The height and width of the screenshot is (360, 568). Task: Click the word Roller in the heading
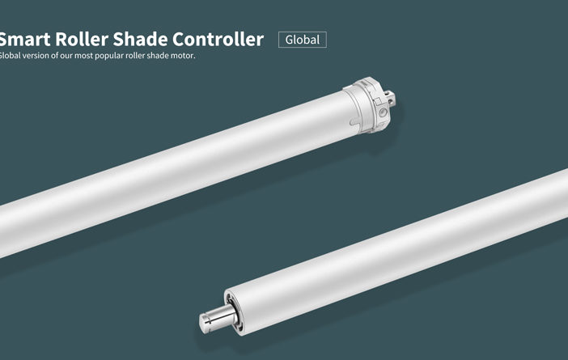click(82, 39)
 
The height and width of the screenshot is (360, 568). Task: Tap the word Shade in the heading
click(140, 39)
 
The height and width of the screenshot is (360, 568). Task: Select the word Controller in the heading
click(218, 39)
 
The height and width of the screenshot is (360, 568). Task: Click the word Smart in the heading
click(24, 39)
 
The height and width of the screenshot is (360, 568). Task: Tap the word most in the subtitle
click(83, 56)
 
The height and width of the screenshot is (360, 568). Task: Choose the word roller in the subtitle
click(135, 56)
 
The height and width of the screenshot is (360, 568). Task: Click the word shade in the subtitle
click(158, 56)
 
